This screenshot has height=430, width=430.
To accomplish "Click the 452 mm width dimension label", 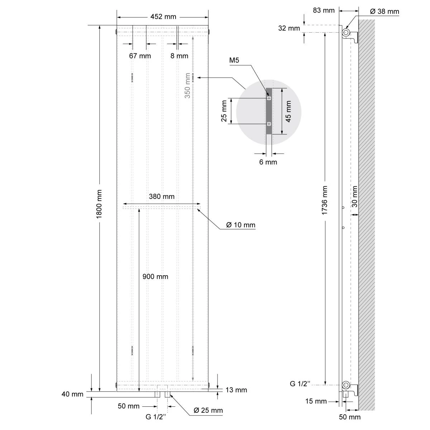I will coord(163,17).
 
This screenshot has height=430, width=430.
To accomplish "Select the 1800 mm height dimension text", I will coord(100,204).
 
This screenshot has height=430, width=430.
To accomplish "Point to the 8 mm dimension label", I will coord(179,56).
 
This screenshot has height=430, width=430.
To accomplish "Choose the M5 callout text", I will coord(234,61).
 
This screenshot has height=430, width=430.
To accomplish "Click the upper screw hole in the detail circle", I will coord(269,98).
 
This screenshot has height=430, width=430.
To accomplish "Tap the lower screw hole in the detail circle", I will coord(269,124).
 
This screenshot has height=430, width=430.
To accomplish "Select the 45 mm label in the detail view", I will coord(288,111).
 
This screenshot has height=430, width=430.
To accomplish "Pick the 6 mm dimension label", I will coord(268,162).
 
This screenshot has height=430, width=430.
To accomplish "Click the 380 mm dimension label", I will coord(162,196).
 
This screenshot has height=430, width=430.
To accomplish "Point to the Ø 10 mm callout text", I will coord(241,225).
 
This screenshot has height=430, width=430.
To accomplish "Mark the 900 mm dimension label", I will coord(155,277).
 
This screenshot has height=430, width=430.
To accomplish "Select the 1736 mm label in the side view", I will coord(325,200).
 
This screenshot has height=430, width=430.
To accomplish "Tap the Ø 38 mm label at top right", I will coord(384,11).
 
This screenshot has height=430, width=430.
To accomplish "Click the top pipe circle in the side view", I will coord(346,33).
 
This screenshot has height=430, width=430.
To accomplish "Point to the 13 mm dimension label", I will coord(236,390).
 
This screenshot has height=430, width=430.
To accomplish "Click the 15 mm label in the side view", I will coord(316,401).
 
